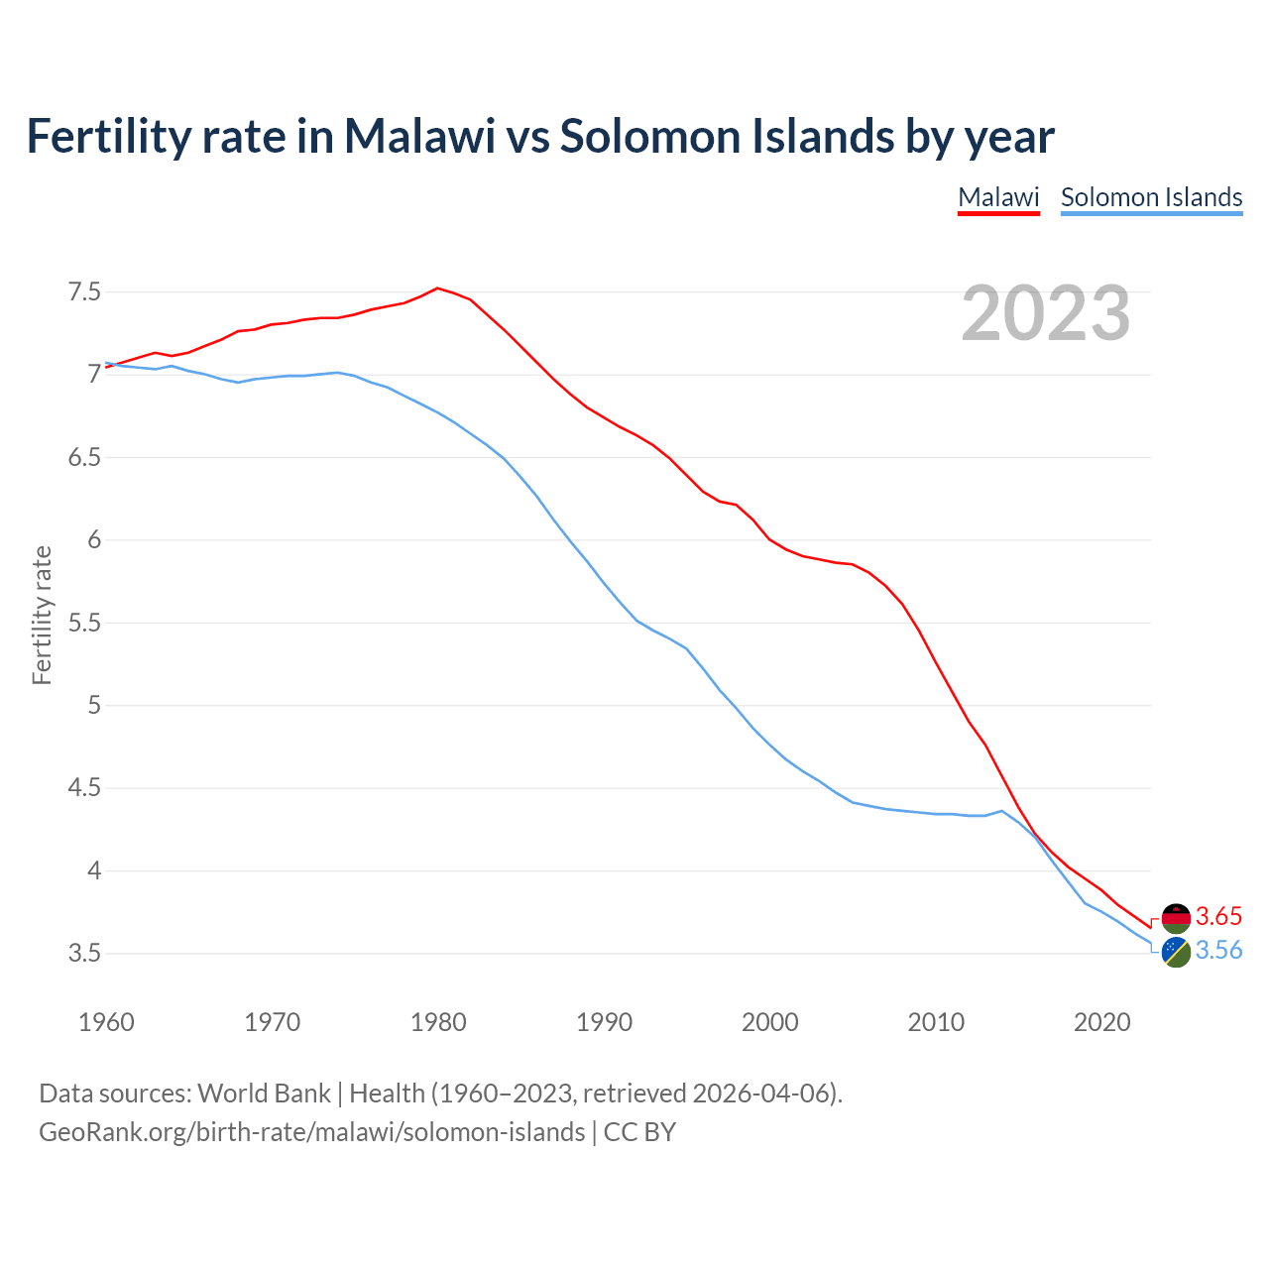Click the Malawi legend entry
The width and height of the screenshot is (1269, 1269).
[998, 197]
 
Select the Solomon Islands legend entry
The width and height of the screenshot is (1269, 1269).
[1151, 197]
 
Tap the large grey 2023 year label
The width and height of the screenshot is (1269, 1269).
[1045, 313]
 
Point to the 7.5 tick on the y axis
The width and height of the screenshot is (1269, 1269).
[84, 292]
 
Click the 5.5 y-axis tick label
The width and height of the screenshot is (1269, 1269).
[84, 624]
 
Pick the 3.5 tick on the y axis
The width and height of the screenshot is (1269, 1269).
[84, 954]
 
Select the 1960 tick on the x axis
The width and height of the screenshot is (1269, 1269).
[106, 1022]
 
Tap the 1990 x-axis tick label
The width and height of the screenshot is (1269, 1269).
[604, 1022]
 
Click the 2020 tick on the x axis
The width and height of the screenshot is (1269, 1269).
[1101, 1022]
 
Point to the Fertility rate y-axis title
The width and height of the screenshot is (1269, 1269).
[42, 615]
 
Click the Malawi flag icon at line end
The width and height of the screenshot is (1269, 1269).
[1176, 917]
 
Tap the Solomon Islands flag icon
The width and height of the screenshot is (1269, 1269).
[1176, 952]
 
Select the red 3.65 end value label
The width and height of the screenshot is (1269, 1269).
[1218, 916]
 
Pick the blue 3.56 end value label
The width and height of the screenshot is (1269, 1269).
[1218, 951]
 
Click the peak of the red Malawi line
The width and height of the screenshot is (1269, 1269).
[437, 288]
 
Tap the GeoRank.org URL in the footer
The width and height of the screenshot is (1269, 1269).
[311, 1132]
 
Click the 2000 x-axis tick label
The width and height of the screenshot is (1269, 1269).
[769, 1022]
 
